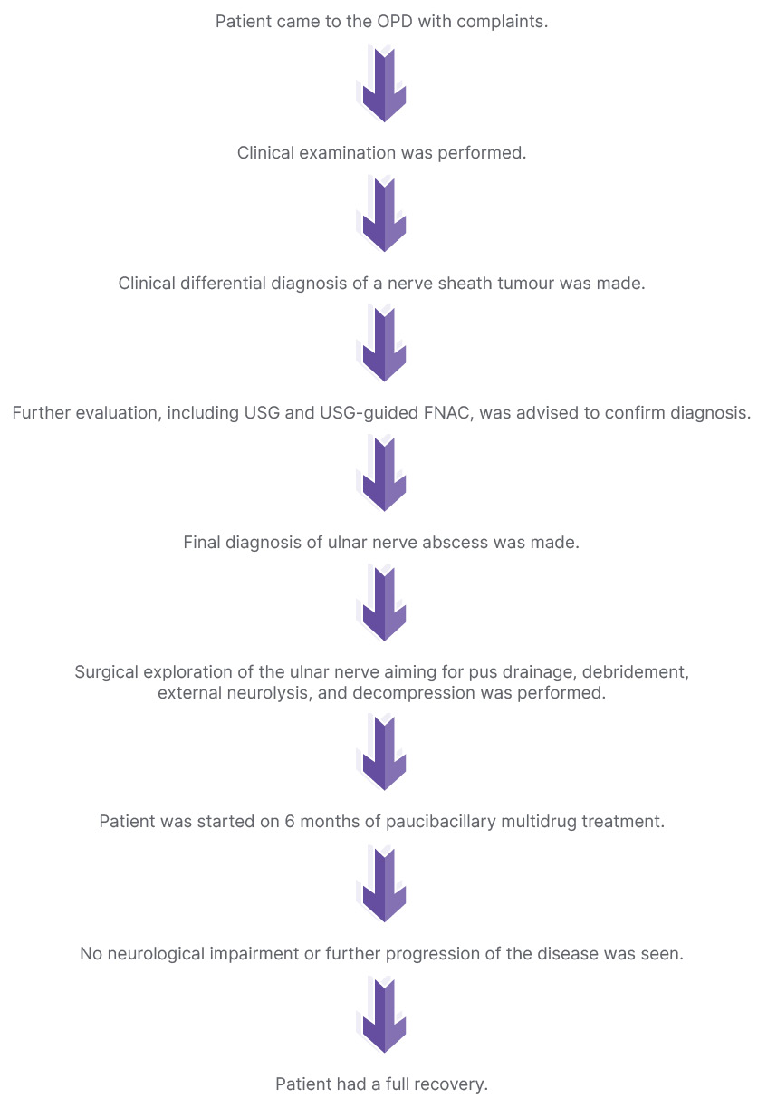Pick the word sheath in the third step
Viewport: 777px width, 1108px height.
(x=456, y=284)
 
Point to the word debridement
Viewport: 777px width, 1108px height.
(x=636, y=673)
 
